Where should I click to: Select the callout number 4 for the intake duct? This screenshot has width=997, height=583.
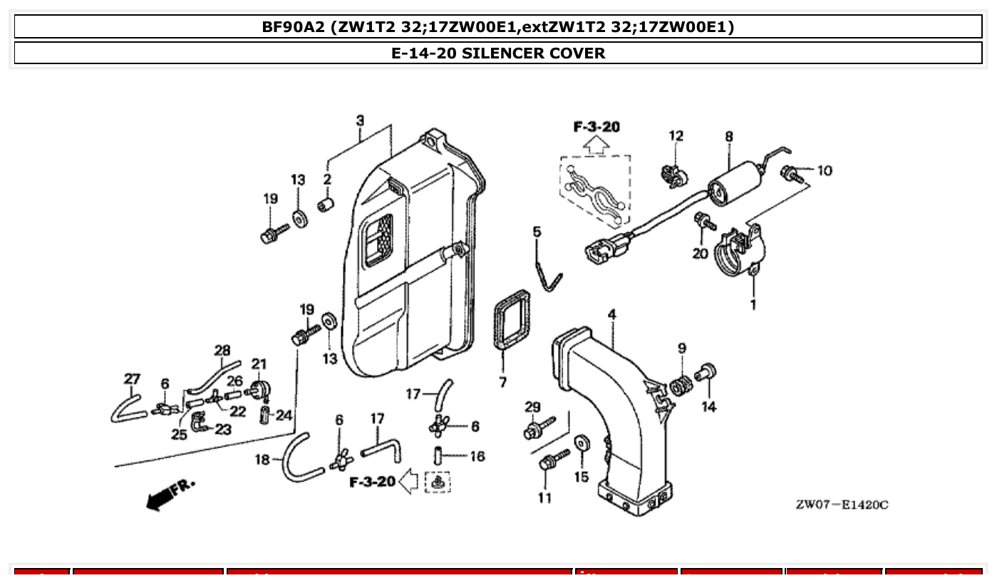click(x=611, y=314)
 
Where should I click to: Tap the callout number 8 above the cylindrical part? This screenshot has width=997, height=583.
click(x=729, y=136)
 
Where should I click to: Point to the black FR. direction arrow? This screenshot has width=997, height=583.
click(x=170, y=493)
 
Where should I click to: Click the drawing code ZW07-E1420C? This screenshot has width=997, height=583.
click(x=842, y=505)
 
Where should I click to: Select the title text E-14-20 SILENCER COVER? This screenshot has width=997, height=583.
click(x=498, y=53)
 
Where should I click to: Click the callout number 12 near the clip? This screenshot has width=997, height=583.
click(x=676, y=135)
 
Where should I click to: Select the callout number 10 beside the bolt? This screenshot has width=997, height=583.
click(x=824, y=171)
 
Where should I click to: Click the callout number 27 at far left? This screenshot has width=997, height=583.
click(x=133, y=378)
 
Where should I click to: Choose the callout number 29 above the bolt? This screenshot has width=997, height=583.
click(x=532, y=407)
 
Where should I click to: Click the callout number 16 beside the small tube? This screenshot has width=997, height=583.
click(x=477, y=456)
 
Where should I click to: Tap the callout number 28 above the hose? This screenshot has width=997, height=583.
click(x=222, y=350)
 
